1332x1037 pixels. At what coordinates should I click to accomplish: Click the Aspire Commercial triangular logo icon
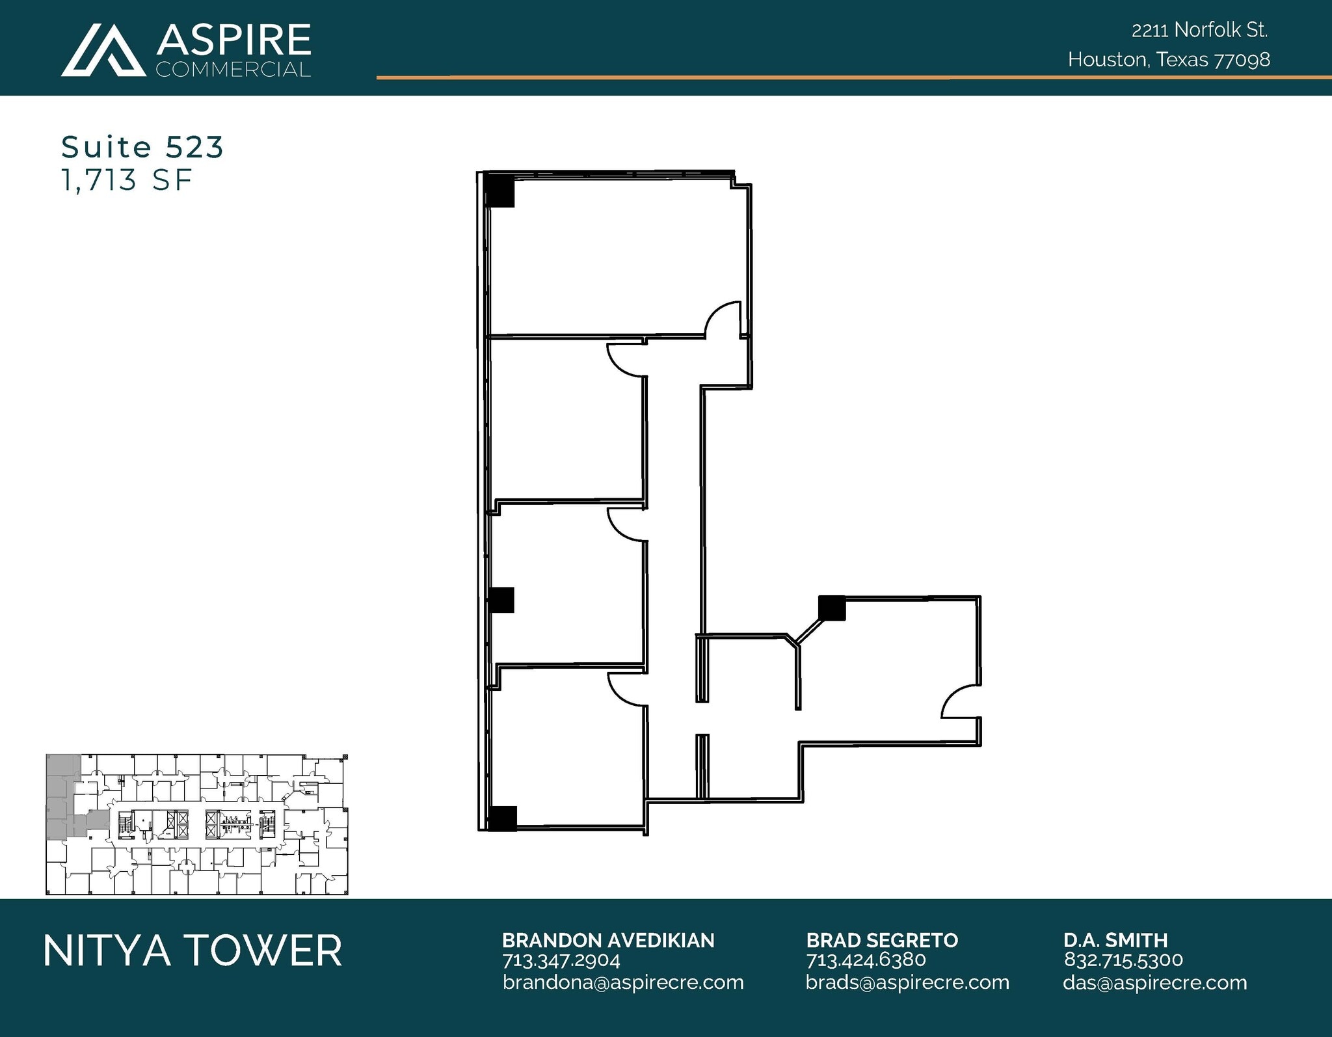point(103,51)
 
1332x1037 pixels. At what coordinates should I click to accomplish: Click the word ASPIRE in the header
point(233,40)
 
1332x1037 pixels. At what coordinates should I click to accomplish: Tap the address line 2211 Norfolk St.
point(1199,30)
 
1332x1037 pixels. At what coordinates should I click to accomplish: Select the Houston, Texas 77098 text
point(1168,60)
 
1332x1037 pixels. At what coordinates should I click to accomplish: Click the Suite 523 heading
point(142,147)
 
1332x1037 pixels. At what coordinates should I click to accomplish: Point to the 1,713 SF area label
point(126,180)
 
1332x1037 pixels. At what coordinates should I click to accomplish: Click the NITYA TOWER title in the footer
point(193,950)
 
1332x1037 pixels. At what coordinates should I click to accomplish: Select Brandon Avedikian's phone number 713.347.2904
point(561,960)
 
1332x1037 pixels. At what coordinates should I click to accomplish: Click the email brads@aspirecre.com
point(907,982)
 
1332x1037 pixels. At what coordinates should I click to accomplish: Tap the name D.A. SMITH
point(1115,940)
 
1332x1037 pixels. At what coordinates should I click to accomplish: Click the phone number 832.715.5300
point(1123,960)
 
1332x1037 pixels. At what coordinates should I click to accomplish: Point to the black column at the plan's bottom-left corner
point(501,818)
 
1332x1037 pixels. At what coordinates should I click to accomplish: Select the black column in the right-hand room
point(831,608)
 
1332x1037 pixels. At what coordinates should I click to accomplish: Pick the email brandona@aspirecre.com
point(622,982)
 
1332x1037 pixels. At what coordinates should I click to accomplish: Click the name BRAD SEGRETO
point(881,940)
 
